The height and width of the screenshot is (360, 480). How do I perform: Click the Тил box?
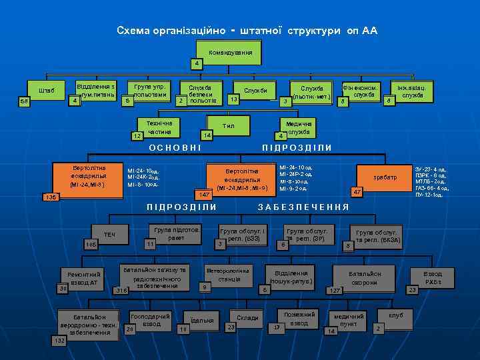[x=229, y=125]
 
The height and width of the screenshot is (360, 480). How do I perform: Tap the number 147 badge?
[x=205, y=194]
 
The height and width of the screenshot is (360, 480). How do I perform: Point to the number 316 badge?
[x=121, y=291]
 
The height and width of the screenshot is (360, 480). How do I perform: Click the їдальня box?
[x=201, y=321]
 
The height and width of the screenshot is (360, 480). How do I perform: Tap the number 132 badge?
[x=59, y=341]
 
